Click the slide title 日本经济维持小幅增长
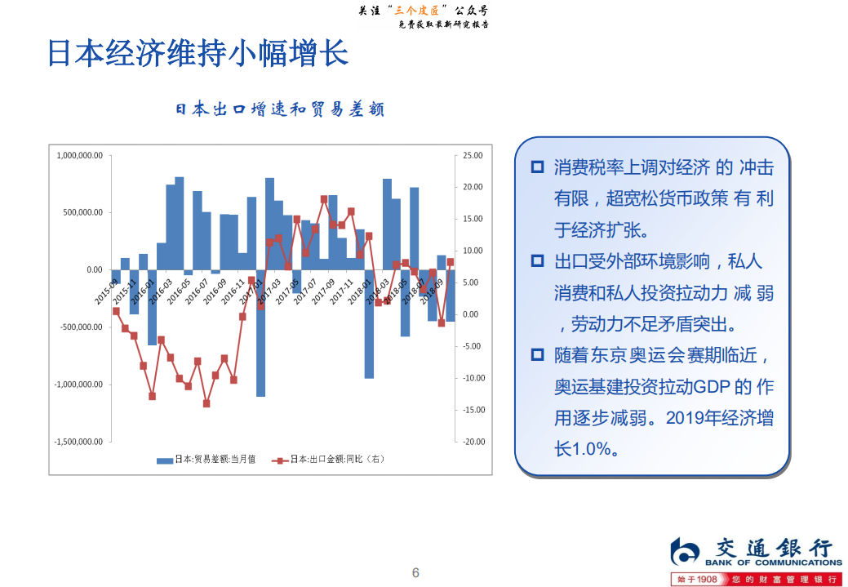click(198, 53)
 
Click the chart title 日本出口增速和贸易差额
click(280, 109)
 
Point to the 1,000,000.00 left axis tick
click(79, 155)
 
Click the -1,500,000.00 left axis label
click(78, 442)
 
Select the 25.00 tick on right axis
click(473, 155)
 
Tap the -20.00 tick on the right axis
click(473, 442)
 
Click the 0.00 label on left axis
click(94, 269)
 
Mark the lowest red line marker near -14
click(206, 403)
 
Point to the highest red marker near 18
click(324, 199)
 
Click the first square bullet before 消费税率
click(537, 167)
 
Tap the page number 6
click(415, 572)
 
